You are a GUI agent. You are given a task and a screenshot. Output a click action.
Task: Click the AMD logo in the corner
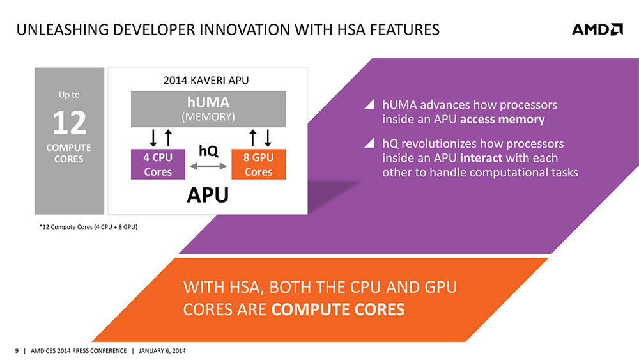596,29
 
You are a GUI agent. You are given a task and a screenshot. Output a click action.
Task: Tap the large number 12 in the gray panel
69,123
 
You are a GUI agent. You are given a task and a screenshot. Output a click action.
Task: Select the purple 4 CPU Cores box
158,164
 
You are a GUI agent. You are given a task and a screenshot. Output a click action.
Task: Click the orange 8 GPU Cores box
258,164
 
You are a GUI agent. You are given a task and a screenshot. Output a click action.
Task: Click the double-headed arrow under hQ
208,166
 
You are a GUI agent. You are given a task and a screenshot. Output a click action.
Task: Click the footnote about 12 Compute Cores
88,228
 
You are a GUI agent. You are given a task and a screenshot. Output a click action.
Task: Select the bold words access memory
502,119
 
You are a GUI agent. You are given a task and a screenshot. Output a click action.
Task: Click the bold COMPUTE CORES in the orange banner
338,309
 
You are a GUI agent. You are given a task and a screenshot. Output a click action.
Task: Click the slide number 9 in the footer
17,351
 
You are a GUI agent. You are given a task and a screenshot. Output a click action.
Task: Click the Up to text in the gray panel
69,95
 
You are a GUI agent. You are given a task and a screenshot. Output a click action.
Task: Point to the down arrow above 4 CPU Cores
153,137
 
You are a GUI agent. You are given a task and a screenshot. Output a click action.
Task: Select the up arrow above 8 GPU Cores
253,137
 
